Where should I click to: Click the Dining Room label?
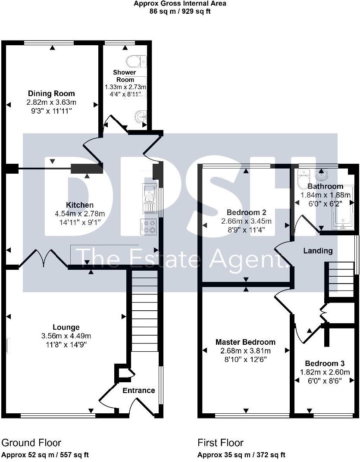point(51,94)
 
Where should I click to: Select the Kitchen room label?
point(79,205)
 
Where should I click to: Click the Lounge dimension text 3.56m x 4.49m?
point(66,336)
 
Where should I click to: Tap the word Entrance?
point(138,390)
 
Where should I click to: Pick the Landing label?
point(318,250)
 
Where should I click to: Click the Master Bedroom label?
point(245,342)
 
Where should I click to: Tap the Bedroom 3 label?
point(324,363)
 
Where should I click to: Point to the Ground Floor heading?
point(31,443)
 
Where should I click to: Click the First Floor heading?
point(220,443)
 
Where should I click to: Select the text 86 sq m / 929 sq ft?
point(180,11)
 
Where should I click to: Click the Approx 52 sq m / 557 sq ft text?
point(45,455)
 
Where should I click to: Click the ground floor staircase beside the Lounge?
point(144,310)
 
